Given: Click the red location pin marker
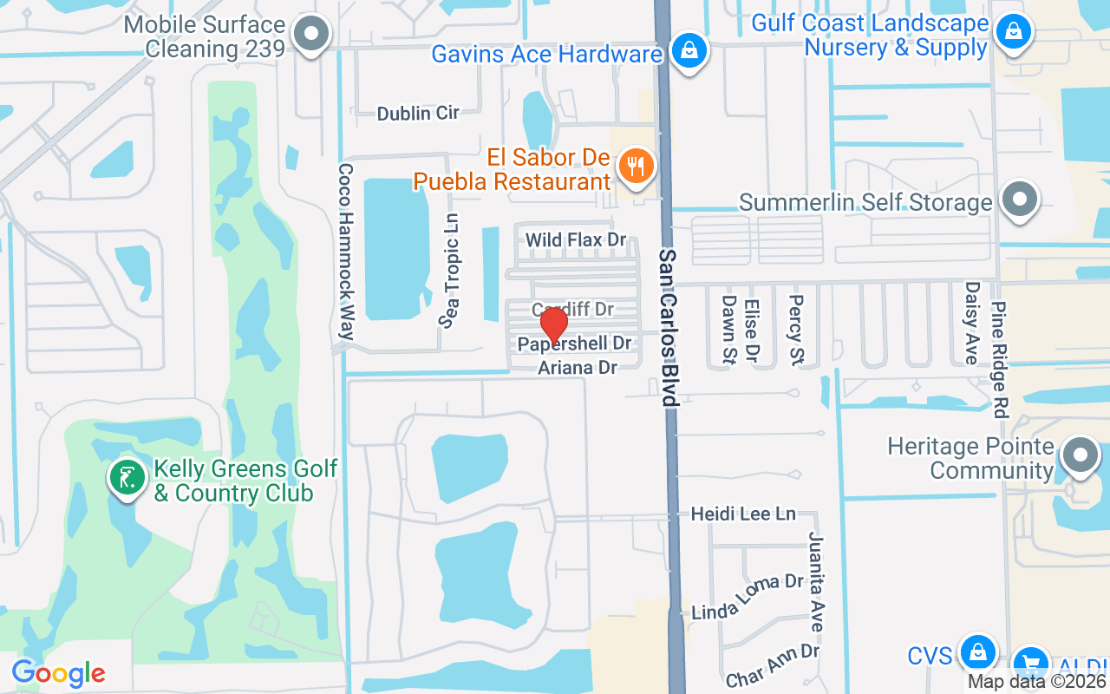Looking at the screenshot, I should click(x=554, y=325).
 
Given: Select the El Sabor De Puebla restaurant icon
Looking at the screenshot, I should click(x=637, y=166).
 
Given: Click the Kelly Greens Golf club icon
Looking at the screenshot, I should click(x=127, y=477).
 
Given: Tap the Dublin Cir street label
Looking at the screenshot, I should click(x=417, y=113).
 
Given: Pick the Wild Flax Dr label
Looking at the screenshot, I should click(x=576, y=239).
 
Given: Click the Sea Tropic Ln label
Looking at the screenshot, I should click(x=450, y=272).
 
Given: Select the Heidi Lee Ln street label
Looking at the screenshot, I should click(x=742, y=514).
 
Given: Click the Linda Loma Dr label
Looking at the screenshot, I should click(x=748, y=597).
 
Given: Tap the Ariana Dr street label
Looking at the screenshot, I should click(x=578, y=368).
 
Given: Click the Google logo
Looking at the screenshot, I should click(x=58, y=672).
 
